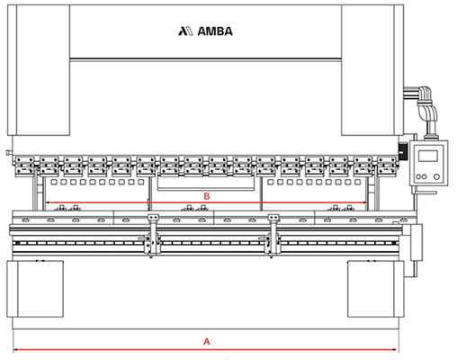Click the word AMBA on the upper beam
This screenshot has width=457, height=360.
tap(215, 31)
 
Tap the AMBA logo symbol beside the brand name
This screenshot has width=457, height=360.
tap(186, 31)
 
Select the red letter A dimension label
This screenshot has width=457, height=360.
tap(207, 341)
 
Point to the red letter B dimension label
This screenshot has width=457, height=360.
tap(207, 196)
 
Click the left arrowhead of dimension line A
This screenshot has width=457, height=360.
tap(15, 349)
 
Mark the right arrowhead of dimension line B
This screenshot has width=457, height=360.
tap(364, 202)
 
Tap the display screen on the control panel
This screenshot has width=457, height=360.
tap(428, 157)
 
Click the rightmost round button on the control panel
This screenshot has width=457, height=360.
tap(436, 176)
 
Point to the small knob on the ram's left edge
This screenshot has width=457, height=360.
tap(9, 153)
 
